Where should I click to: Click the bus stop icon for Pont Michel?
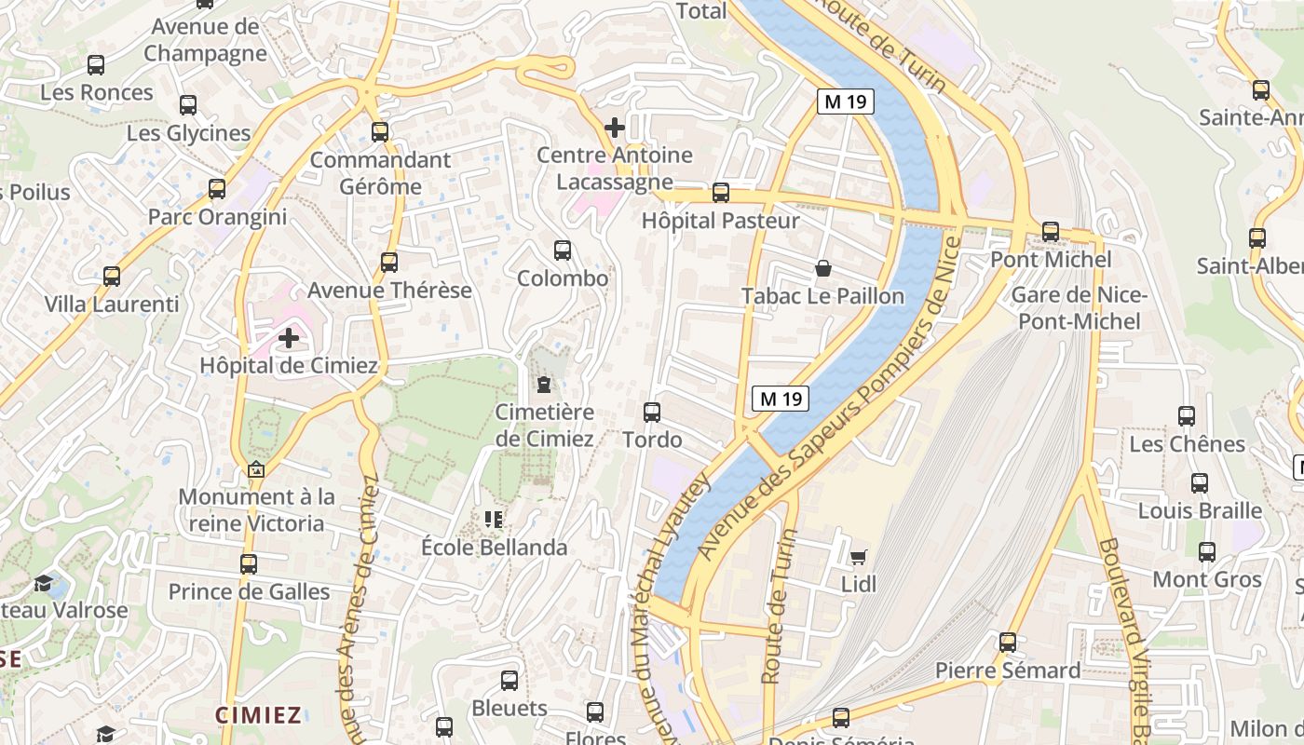coord(1051,231)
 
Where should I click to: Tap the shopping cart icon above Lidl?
coord(858,557)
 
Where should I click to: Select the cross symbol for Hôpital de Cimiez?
coord(289,337)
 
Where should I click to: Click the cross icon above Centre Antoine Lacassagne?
coord(615,127)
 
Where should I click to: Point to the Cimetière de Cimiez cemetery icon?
coord(544,384)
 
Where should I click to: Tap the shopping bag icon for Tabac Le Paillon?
coord(823,269)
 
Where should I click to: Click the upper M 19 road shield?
coord(846,102)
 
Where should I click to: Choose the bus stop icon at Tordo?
coord(652,412)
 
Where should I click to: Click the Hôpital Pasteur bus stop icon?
coord(721,193)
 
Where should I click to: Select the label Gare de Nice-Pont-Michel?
coord(1079,308)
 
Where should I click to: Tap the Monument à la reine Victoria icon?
coord(256,470)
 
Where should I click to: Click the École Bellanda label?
coord(495,547)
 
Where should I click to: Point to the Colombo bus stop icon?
coord(563,250)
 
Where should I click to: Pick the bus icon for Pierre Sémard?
coord(1008,643)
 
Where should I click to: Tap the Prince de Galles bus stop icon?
coord(248,563)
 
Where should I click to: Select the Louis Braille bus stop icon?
coord(1200,483)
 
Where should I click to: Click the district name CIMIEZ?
coord(259,715)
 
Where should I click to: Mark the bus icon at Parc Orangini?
coord(217,189)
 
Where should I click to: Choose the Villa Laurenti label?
coord(112,304)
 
